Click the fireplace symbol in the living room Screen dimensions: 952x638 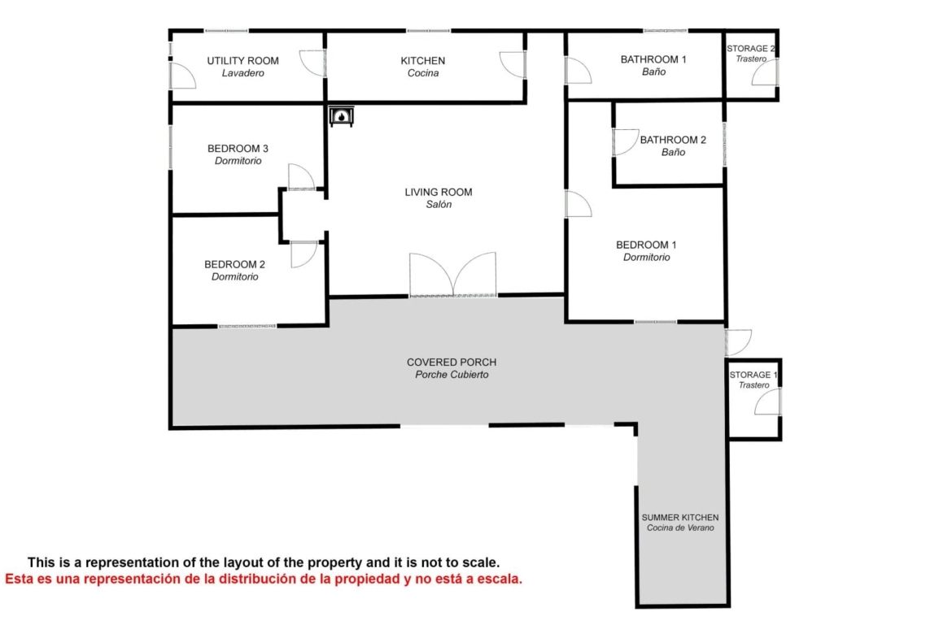[341, 116]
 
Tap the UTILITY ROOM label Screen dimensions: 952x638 [242, 61]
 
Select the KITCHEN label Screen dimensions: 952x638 [422, 61]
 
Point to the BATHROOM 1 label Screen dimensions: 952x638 [653, 59]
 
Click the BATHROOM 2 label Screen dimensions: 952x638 [673, 140]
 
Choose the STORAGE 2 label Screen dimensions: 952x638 [751, 49]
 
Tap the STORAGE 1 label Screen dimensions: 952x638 [753, 375]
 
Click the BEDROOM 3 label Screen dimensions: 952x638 [238, 149]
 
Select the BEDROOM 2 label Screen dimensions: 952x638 [234, 264]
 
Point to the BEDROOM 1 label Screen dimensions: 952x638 [646, 245]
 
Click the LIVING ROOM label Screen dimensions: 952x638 [439, 193]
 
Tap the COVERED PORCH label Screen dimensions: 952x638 [452, 362]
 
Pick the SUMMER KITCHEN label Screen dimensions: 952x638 [680, 518]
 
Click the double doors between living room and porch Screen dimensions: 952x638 [453, 276]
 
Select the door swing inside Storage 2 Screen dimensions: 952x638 [765, 72]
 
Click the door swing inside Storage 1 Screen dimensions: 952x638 [768, 401]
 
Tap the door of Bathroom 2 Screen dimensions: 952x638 [626, 142]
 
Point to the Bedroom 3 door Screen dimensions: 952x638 [302, 177]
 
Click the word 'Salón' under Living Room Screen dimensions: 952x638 [439, 204]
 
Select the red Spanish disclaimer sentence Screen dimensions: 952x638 [264, 579]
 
